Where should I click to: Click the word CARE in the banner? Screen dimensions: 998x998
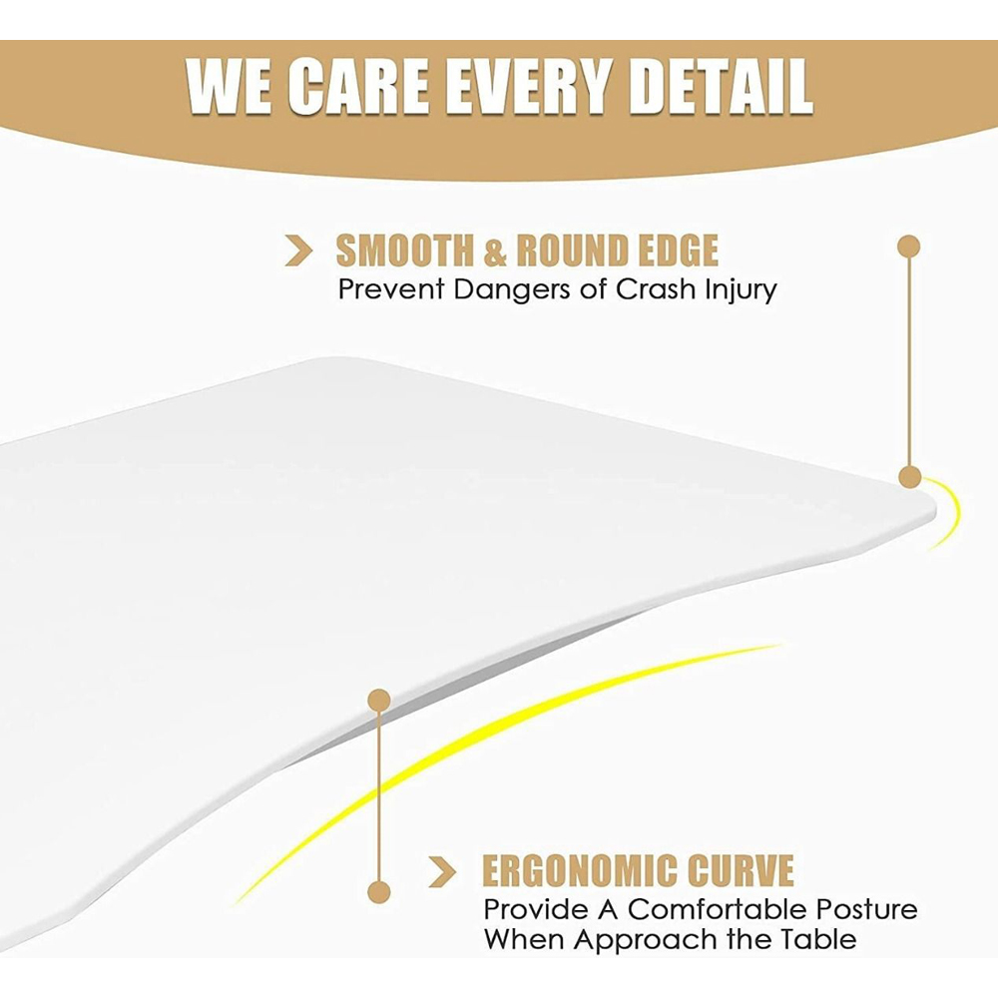[358, 87]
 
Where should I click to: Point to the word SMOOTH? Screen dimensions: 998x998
[405, 250]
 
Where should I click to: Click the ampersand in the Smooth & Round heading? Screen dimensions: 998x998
[495, 250]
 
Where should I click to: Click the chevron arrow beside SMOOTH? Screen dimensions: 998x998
[298, 250]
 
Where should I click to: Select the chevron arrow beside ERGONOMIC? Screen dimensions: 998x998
[442, 871]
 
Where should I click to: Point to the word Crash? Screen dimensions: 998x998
[657, 289]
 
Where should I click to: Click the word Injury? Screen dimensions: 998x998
[741, 291]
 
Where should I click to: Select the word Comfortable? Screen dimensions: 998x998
[718, 909]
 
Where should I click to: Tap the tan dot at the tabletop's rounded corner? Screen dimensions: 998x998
[909, 477]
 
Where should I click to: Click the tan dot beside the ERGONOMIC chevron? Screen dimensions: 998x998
[379, 891]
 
